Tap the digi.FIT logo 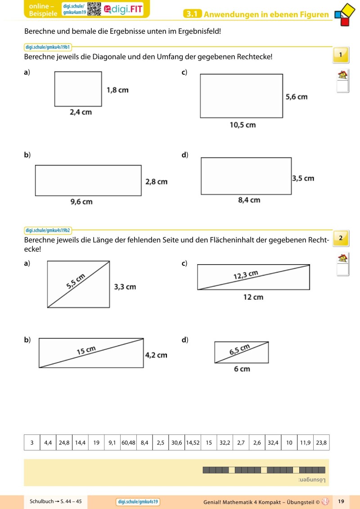coord(123,9)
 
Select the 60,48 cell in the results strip coord(128,442)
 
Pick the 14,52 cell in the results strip coord(193,442)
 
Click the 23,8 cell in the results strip coord(321,442)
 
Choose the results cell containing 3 coord(32,442)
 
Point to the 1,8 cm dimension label coord(117,90)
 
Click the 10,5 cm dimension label coord(243,125)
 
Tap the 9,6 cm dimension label coord(81,202)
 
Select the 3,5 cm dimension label coord(303,178)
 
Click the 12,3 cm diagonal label coord(246,275)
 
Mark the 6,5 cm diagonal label coord(239,350)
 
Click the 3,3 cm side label coord(125,287)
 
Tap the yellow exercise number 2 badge coord(341,238)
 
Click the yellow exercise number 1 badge coord(341,55)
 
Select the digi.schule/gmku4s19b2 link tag coord(48,230)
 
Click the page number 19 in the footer coord(341,501)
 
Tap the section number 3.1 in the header coord(192,14)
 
